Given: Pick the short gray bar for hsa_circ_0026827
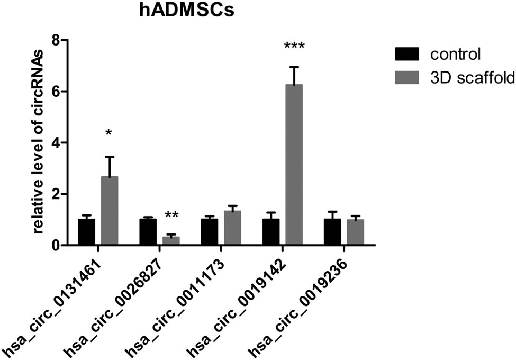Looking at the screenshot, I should click(x=171, y=240).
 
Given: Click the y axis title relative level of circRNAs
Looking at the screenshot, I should click(x=39, y=143).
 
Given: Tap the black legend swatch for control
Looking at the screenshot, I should click(x=406, y=53).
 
